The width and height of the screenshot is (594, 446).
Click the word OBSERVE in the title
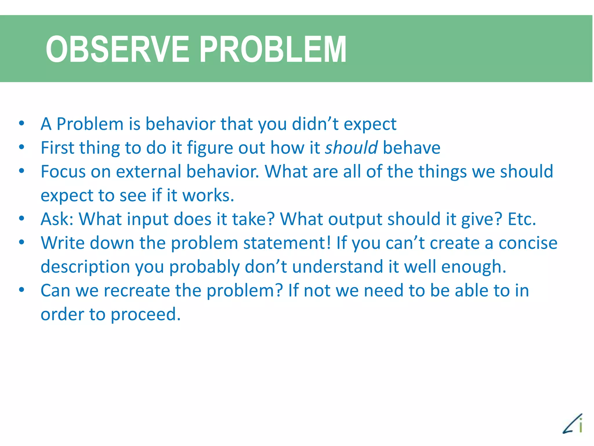[117, 49]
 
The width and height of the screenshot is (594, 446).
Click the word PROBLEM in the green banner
[273, 49]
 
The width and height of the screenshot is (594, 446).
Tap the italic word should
[351, 148]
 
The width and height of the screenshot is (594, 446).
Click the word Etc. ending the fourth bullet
[521, 219]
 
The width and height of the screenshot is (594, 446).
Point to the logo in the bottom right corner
[573, 424]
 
